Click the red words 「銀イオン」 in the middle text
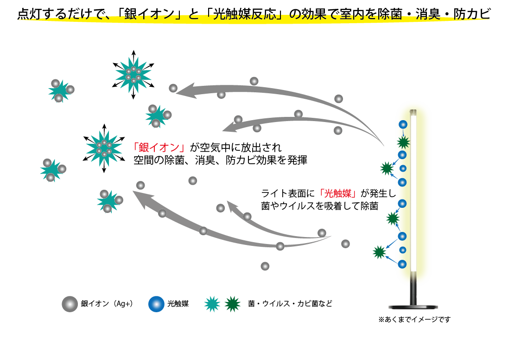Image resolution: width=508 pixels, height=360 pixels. coord(159,148)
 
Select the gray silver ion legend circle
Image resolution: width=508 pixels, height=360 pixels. coord(70,304)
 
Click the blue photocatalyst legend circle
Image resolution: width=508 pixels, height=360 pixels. coord(156,304)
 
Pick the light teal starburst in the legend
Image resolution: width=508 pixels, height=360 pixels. coord(212,304)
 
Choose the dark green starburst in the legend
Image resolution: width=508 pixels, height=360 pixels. coord(232,304)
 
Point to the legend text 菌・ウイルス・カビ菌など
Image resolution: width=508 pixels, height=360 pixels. coord(290,304)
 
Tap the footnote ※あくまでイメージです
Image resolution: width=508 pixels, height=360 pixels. coord(414,320)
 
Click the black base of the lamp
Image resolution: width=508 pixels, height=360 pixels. coord(413,306)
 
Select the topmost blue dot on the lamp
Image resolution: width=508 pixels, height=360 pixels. coord(403,124)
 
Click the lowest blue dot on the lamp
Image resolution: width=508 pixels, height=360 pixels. coord(402,264)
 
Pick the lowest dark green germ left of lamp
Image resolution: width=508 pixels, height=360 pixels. coord(379,252)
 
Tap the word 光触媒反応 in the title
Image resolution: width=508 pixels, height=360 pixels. coord(241,14)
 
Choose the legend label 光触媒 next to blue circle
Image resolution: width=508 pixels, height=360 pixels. coord(178,304)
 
